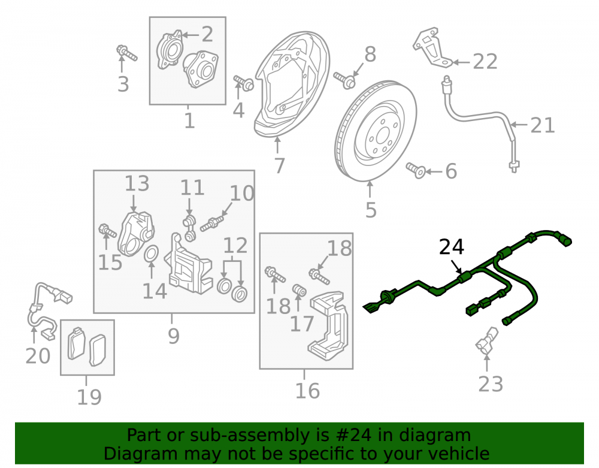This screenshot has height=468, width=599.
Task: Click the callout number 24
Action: click(452, 247)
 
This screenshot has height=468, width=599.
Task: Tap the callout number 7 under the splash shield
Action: click(280, 165)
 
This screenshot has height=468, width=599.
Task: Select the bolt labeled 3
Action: click(126, 53)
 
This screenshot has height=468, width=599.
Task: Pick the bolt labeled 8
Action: click(344, 80)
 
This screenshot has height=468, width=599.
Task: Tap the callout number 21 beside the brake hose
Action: click(543, 125)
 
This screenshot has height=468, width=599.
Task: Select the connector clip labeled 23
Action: click(486, 341)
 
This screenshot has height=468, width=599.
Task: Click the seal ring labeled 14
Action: click(152, 255)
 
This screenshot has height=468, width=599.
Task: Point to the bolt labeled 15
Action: click(107, 231)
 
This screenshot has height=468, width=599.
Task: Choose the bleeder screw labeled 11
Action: click(189, 228)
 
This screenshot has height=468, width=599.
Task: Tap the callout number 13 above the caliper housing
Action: click(137, 184)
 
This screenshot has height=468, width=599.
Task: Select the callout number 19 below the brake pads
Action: click(89, 397)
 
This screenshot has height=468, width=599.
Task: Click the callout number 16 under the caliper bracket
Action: click(307, 391)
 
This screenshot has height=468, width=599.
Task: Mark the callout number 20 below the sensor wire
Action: click(38, 356)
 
